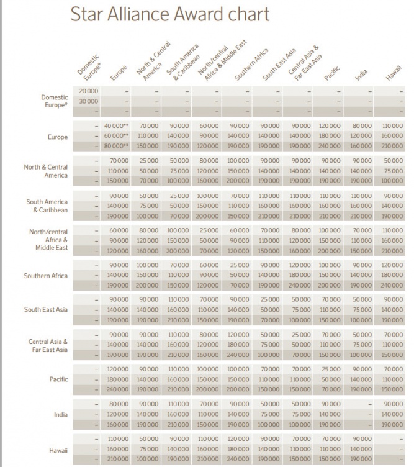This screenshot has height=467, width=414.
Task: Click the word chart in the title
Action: pyautogui.click(x=248, y=14)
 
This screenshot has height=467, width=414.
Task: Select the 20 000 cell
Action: pyautogui.click(x=88, y=91)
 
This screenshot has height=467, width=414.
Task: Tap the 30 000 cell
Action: pyautogui.click(x=88, y=101)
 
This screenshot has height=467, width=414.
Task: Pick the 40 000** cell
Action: pyautogui.click(x=117, y=125)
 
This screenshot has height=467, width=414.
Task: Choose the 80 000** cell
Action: pyautogui.click(x=117, y=147)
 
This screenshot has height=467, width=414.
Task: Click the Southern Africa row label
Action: pyautogui.click(x=45, y=276)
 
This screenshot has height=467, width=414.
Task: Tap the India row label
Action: pyautogui.click(x=61, y=414)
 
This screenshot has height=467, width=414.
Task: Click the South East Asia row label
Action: pyautogui.click(x=46, y=309)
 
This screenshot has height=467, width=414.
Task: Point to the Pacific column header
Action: pyautogui.click(x=331, y=75)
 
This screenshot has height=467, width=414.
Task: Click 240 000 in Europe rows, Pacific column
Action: pyautogui.click(x=331, y=147)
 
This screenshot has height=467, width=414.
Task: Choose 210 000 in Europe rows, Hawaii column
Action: pyautogui.click(x=392, y=147)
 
